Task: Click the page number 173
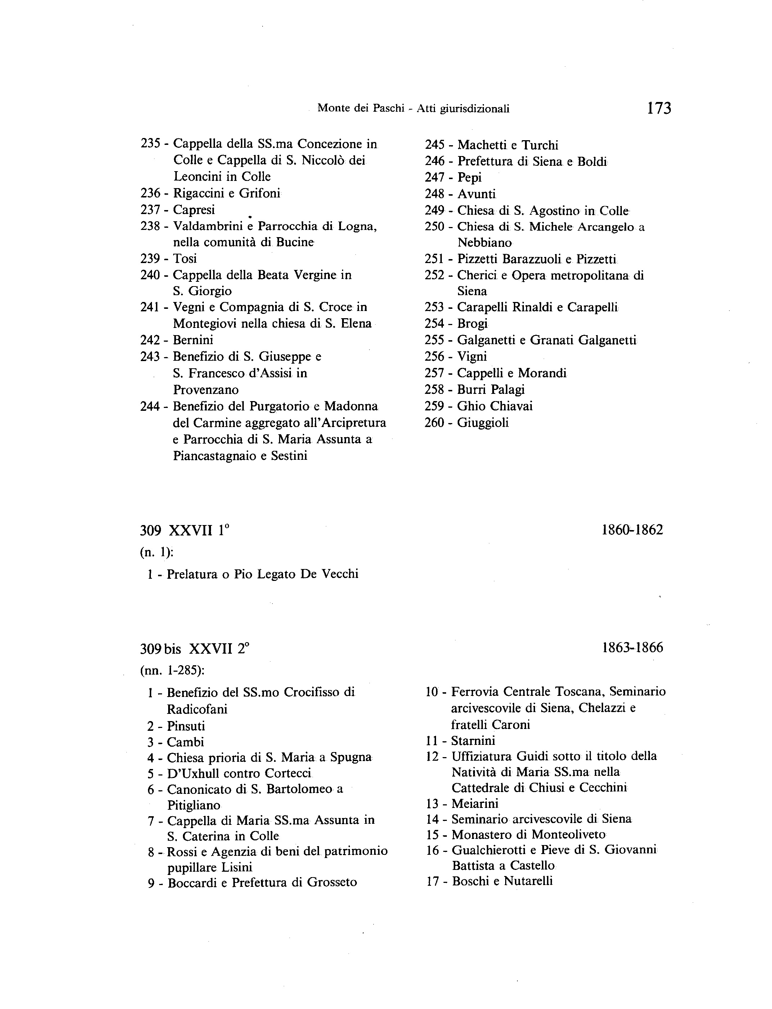click(659, 108)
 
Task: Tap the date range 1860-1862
click(632, 530)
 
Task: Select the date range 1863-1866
click(632, 648)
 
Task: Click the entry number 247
click(434, 178)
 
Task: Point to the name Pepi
click(469, 178)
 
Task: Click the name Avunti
click(476, 194)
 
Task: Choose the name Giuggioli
click(482, 423)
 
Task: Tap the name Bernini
click(193, 340)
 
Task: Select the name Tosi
click(185, 258)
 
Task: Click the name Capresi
click(194, 210)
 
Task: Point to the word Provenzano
click(206, 390)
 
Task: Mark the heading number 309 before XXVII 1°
click(150, 531)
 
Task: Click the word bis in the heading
click(173, 649)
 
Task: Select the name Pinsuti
click(186, 726)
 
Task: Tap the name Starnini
click(473, 741)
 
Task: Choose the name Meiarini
click(475, 804)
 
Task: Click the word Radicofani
click(197, 709)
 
